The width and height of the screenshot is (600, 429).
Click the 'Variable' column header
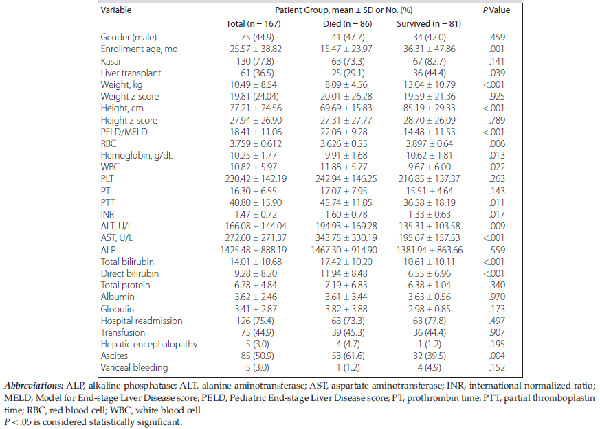(x=116, y=10)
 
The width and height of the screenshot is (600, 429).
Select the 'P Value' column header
(x=496, y=10)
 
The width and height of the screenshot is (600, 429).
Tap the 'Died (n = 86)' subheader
(x=347, y=24)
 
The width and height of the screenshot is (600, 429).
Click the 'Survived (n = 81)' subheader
(x=429, y=24)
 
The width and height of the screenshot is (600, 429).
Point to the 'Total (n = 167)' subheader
(x=254, y=24)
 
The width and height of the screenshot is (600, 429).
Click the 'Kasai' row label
(x=111, y=61)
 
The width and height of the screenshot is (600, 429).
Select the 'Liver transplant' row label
(x=131, y=73)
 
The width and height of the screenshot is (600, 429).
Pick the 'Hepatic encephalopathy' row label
(x=149, y=344)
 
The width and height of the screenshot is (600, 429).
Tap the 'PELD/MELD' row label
(x=124, y=132)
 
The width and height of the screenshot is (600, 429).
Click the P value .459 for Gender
(x=497, y=38)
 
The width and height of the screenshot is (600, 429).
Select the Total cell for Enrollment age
(x=256, y=49)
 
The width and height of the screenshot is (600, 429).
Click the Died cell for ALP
(x=344, y=251)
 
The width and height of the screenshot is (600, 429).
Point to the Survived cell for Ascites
(x=430, y=356)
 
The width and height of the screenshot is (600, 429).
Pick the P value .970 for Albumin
(x=497, y=297)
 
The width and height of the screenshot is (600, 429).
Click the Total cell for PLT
(x=256, y=178)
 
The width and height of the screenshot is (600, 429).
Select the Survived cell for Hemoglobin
(x=430, y=156)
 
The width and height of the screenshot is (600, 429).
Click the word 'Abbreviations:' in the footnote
(x=34, y=386)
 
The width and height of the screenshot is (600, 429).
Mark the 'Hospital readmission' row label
(x=142, y=321)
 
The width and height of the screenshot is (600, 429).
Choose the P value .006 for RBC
(x=497, y=143)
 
